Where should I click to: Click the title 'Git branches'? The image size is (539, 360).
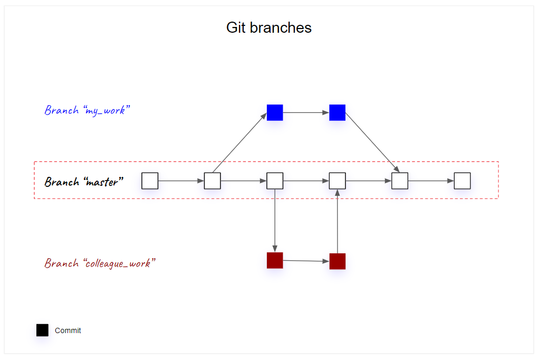[269, 27]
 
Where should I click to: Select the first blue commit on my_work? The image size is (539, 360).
[275, 112]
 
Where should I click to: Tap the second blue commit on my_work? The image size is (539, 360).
[337, 112]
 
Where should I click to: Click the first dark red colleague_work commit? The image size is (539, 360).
[275, 260]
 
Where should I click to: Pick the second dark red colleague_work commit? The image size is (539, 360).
[337, 261]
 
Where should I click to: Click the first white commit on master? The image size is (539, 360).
[150, 181]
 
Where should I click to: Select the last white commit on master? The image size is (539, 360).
[462, 181]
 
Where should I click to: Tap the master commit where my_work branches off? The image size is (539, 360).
[212, 181]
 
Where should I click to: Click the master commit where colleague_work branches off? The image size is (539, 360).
[275, 181]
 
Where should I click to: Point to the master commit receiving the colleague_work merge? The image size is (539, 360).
[337, 181]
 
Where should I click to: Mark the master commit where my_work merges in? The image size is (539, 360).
[400, 181]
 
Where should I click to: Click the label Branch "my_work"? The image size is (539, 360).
[87, 110]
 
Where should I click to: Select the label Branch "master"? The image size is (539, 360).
[84, 182]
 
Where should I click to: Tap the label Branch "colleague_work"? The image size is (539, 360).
[100, 263]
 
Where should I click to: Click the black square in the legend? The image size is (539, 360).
[42, 330]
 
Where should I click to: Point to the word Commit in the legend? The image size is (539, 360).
[68, 330]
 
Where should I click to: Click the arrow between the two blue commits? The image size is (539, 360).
[306, 112]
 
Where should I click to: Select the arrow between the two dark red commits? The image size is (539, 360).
[306, 261]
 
